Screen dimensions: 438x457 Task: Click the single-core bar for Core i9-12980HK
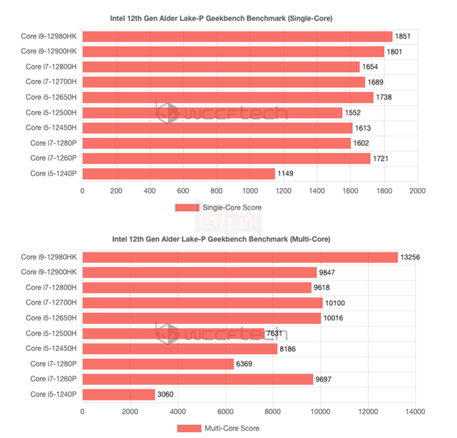tap(236, 36)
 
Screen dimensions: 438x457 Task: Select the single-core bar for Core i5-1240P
tap(178, 173)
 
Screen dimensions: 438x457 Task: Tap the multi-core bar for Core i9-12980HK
tap(240, 257)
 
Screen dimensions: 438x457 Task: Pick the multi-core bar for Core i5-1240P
tap(118, 394)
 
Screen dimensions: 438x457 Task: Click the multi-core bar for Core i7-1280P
tap(157, 363)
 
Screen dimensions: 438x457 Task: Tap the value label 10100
tap(335, 302)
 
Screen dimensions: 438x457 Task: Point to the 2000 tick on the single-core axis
tap(417, 191)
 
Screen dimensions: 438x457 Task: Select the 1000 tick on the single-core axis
tap(250, 191)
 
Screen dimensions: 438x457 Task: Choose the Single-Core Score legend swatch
tap(187, 207)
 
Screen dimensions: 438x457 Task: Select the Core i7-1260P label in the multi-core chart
tap(53, 379)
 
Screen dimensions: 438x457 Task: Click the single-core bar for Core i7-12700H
tap(223, 82)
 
